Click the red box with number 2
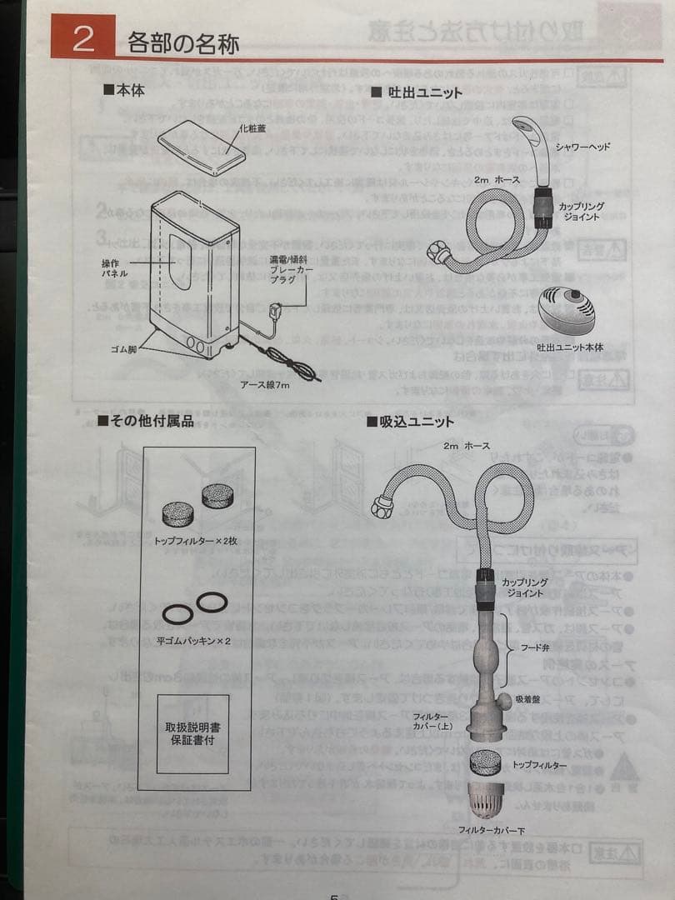click(82, 39)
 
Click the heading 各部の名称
click(183, 42)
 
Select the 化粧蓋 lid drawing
click(202, 146)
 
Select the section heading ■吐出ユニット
click(416, 92)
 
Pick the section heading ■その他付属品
click(145, 421)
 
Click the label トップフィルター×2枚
click(195, 540)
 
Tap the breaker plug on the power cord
click(276, 312)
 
